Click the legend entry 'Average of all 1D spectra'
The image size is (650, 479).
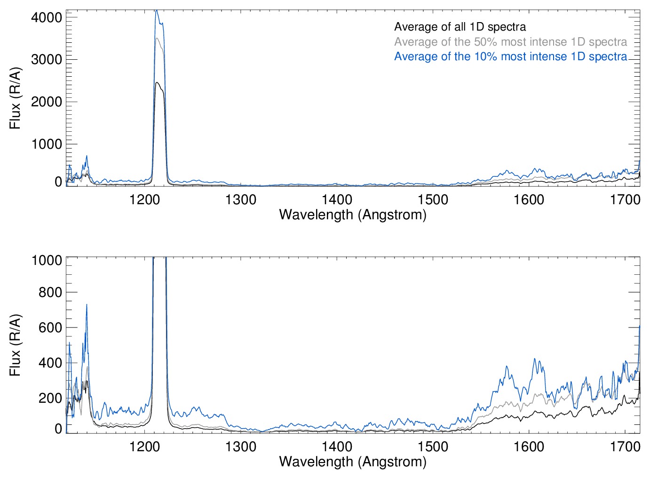click(460, 27)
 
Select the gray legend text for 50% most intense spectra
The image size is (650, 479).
click(510, 42)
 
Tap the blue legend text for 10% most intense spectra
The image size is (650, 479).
click(510, 56)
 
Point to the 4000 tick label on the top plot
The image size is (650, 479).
click(46, 17)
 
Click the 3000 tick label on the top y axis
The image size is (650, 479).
click(46, 60)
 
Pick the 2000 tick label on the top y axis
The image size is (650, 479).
click(46, 102)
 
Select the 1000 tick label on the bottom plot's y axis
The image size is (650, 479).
click(46, 260)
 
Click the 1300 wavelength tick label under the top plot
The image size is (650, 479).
click(241, 200)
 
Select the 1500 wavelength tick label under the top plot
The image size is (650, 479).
click(433, 200)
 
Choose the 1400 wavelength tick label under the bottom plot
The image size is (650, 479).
click(337, 446)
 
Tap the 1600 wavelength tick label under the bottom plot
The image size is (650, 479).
click(529, 446)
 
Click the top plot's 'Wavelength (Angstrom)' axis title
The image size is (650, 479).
click(353, 215)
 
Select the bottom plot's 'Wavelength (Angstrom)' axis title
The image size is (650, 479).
click(353, 462)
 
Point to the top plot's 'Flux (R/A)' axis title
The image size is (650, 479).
click(15, 98)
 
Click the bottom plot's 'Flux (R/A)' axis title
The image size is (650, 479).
click(15, 345)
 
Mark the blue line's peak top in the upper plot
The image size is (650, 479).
click(157, 11)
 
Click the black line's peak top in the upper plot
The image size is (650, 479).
click(157, 82)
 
